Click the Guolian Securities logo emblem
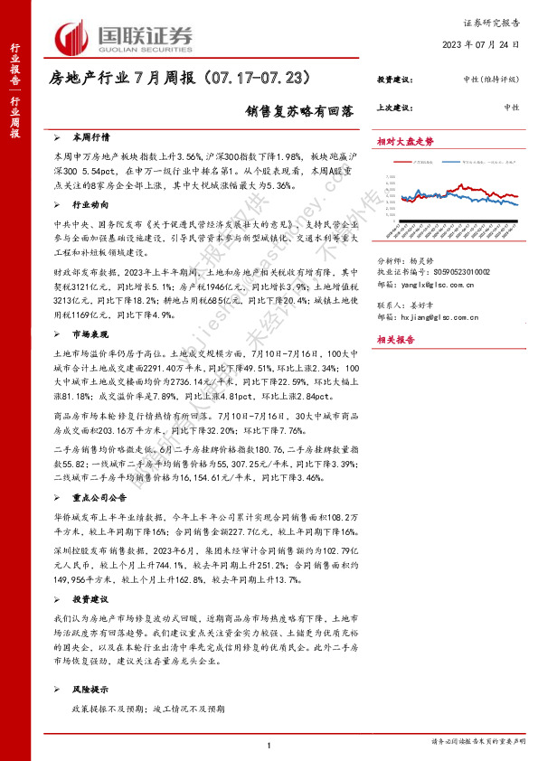point(72,37)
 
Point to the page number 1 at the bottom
point(269,745)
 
